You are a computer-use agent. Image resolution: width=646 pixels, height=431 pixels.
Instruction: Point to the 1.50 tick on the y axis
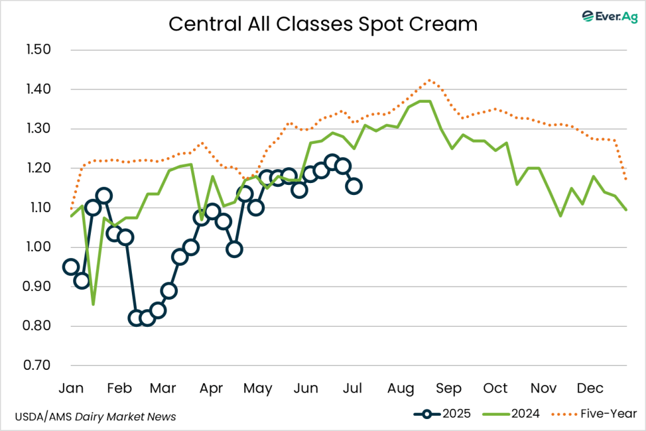click(40, 50)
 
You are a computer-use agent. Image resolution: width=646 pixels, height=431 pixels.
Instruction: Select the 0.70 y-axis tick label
click(40, 365)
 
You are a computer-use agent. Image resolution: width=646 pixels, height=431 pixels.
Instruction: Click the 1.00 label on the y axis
click(40, 247)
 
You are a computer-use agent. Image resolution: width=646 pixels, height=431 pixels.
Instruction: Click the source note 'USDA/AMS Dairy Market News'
click(95, 416)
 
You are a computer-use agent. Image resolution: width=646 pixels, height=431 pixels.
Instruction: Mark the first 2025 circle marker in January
click(71, 267)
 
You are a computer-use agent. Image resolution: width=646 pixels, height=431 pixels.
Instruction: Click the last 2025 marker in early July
click(354, 186)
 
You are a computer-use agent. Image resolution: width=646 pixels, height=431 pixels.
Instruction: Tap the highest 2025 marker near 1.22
click(332, 162)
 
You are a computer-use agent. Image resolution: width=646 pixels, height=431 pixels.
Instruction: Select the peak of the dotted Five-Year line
click(430, 80)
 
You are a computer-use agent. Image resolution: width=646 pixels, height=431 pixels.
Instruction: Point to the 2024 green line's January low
click(93, 304)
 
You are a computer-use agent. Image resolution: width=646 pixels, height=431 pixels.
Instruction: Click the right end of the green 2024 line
click(626, 210)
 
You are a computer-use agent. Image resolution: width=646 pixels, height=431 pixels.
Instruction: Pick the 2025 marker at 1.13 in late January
click(104, 196)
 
